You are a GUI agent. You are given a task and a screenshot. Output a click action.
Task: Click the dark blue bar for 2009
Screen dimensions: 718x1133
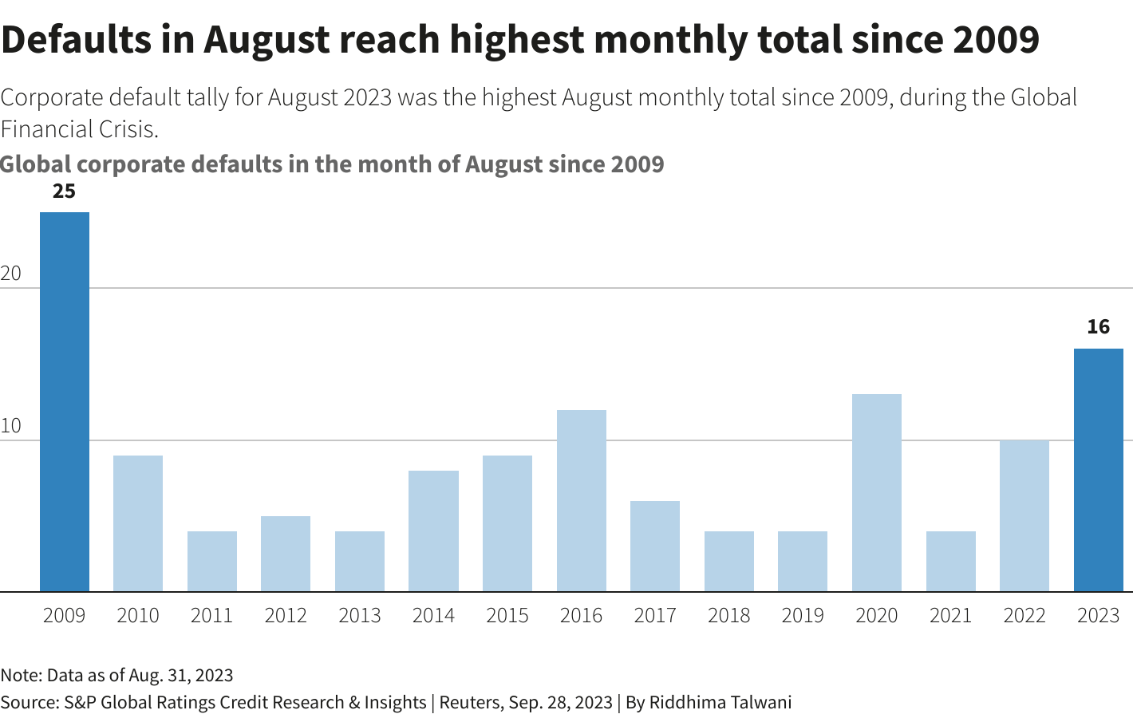pyautogui.click(x=65, y=401)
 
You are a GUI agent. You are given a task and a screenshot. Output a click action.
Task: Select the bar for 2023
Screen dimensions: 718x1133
pyautogui.click(x=1098, y=470)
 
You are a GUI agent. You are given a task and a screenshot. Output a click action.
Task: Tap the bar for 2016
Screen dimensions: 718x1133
pyautogui.click(x=581, y=500)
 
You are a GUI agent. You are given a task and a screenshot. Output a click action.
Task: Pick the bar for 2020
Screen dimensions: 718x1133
pyautogui.click(x=876, y=492)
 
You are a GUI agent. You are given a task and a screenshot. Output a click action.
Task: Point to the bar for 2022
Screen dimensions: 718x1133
pyautogui.click(x=1024, y=515)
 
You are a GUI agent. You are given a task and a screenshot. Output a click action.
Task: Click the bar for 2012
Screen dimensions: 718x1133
pyautogui.click(x=286, y=554)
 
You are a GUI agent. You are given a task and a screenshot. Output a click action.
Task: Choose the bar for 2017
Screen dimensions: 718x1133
pyautogui.click(x=655, y=546)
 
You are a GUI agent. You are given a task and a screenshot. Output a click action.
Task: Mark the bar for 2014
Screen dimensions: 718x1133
pyautogui.click(x=433, y=531)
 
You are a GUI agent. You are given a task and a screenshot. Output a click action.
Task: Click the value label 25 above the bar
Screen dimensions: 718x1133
pyautogui.click(x=64, y=191)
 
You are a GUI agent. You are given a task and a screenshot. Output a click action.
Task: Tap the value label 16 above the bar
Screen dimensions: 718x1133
pyautogui.click(x=1098, y=326)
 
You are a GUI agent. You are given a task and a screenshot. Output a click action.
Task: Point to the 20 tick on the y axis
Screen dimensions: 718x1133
pyautogui.click(x=10, y=274)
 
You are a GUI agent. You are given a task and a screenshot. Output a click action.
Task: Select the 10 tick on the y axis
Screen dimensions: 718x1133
pyautogui.click(x=10, y=426)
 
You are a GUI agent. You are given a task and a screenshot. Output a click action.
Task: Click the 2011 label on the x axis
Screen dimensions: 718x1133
pyautogui.click(x=211, y=616)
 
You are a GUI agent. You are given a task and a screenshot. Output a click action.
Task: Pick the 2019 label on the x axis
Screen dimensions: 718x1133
pyautogui.click(x=803, y=616)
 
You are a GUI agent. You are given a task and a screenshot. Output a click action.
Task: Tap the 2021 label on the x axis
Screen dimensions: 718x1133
pyautogui.click(x=950, y=616)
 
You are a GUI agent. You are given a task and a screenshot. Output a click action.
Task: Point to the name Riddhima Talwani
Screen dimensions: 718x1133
pyautogui.click(x=720, y=702)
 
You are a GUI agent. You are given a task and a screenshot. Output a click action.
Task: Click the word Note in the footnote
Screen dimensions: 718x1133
pyautogui.click(x=19, y=675)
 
